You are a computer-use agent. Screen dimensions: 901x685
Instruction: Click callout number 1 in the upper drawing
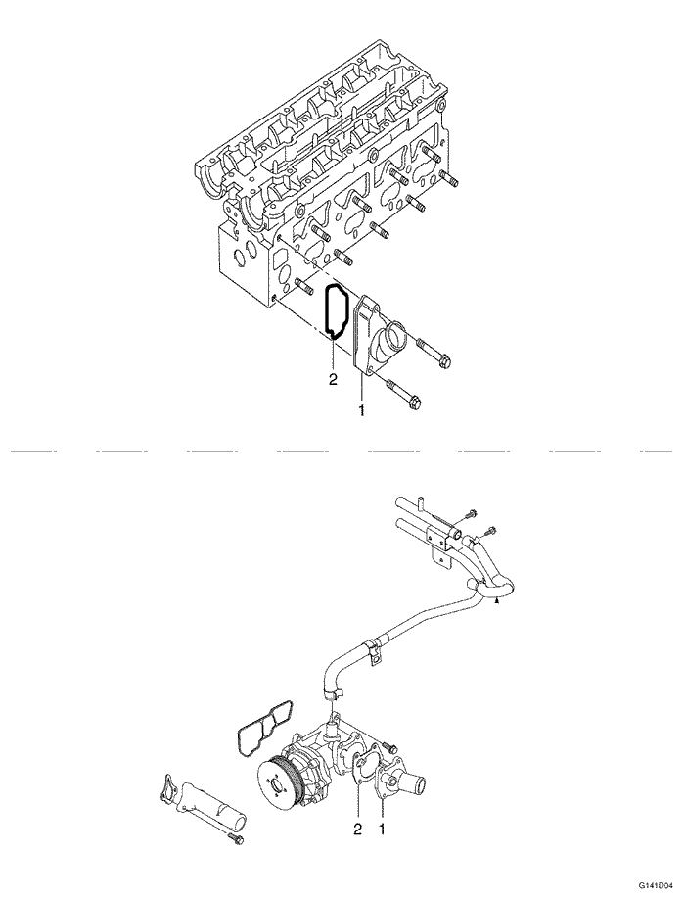(x=362, y=411)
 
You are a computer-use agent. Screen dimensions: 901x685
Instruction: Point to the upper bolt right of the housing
(x=434, y=355)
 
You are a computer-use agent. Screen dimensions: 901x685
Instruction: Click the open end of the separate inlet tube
(x=234, y=810)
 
